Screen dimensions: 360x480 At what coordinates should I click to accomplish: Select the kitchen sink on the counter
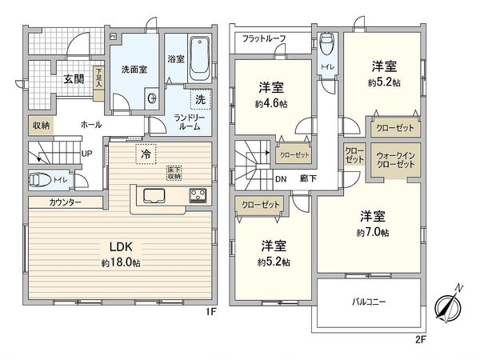[x=154, y=196]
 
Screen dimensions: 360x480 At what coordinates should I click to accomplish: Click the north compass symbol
[x=447, y=305]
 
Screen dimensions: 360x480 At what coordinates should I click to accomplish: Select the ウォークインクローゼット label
[x=396, y=158]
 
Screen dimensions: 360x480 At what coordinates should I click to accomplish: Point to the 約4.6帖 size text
[x=270, y=102]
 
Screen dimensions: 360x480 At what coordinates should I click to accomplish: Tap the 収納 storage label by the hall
[x=42, y=126]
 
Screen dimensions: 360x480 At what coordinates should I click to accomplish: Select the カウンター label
[x=65, y=202]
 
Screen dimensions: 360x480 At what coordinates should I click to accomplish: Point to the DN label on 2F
[x=281, y=179]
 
